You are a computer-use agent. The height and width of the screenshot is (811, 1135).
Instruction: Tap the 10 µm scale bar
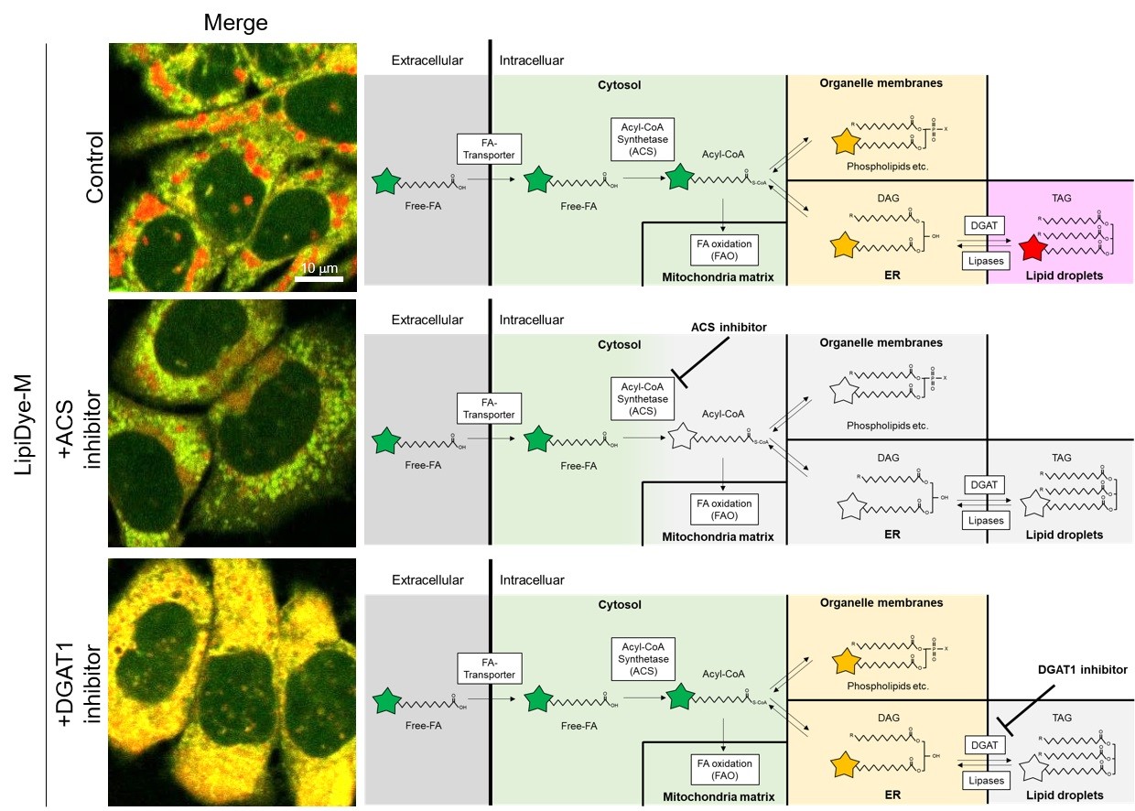[x=319, y=278]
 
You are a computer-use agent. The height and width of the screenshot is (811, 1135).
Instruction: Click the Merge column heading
[x=235, y=22]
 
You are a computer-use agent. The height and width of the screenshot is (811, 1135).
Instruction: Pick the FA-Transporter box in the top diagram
[x=488, y=148]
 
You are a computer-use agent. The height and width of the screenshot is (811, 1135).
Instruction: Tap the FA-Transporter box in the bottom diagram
[x=488, y=668]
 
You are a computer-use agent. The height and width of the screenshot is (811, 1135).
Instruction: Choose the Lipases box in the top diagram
[x=984, y=262]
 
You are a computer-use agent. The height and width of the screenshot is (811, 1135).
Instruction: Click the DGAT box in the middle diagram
[x=984, y=483]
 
